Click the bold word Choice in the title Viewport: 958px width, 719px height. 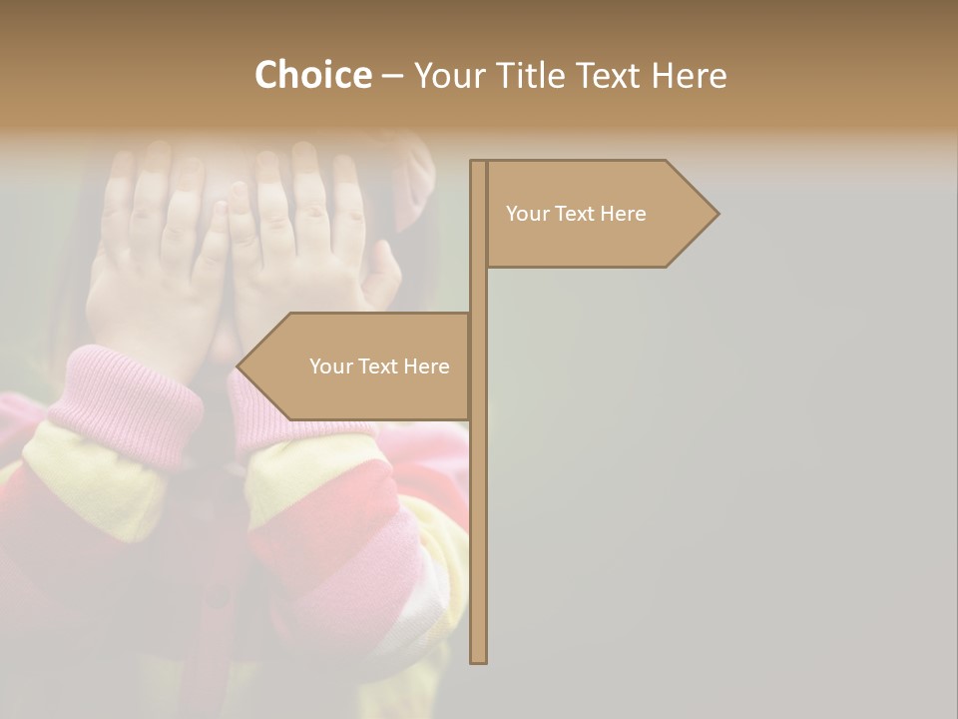coord(312,75)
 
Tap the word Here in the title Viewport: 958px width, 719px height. coord(690,75)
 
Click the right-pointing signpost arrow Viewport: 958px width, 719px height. coord(599,214)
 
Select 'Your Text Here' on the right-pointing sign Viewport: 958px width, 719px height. coord(576,214)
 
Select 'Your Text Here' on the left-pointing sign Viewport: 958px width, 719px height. coord(379,366)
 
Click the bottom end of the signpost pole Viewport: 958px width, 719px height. coord(478,659)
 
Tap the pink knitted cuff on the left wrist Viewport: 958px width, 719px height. coord(125,399)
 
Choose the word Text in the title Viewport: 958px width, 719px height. coord(610,75)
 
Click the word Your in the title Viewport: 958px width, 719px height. coord(447,75)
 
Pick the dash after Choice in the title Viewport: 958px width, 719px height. coord(392,75)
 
